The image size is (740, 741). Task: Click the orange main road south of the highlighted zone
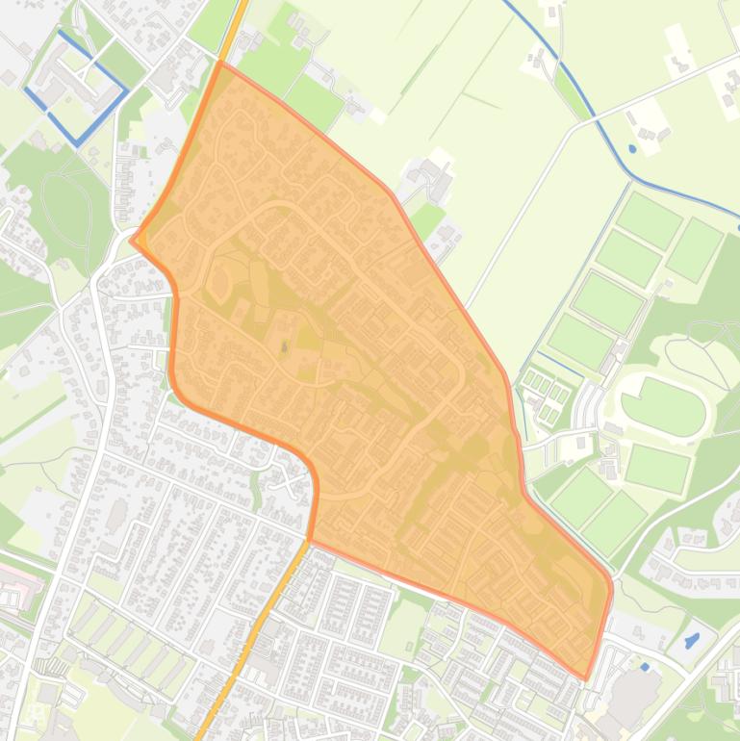click(252, 635)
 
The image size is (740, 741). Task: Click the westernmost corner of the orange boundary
click(132, 238)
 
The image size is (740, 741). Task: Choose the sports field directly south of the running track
click(658, 468)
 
